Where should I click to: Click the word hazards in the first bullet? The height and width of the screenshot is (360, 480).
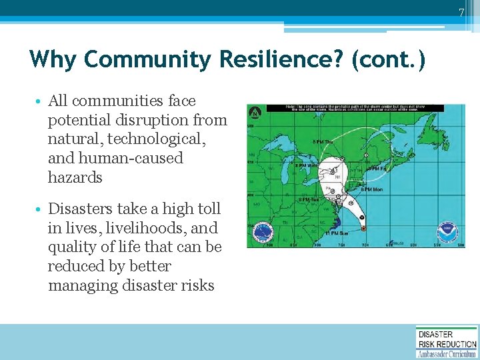point(75,177)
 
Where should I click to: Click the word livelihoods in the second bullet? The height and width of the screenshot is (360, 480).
point(143,228)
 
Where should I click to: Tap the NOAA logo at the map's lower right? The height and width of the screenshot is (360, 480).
point(447,233)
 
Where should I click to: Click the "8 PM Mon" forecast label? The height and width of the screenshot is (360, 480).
point(371,189)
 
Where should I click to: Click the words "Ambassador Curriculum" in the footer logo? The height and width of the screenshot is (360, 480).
point(447,353)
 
